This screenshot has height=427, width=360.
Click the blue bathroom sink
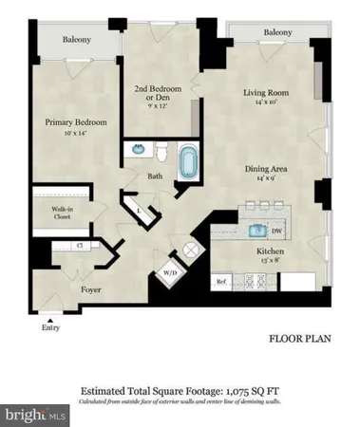point(136,150)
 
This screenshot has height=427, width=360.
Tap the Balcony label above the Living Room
point(277,33)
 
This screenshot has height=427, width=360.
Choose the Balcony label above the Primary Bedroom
point(77,40)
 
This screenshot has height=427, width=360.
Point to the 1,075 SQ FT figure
point(254,389)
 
